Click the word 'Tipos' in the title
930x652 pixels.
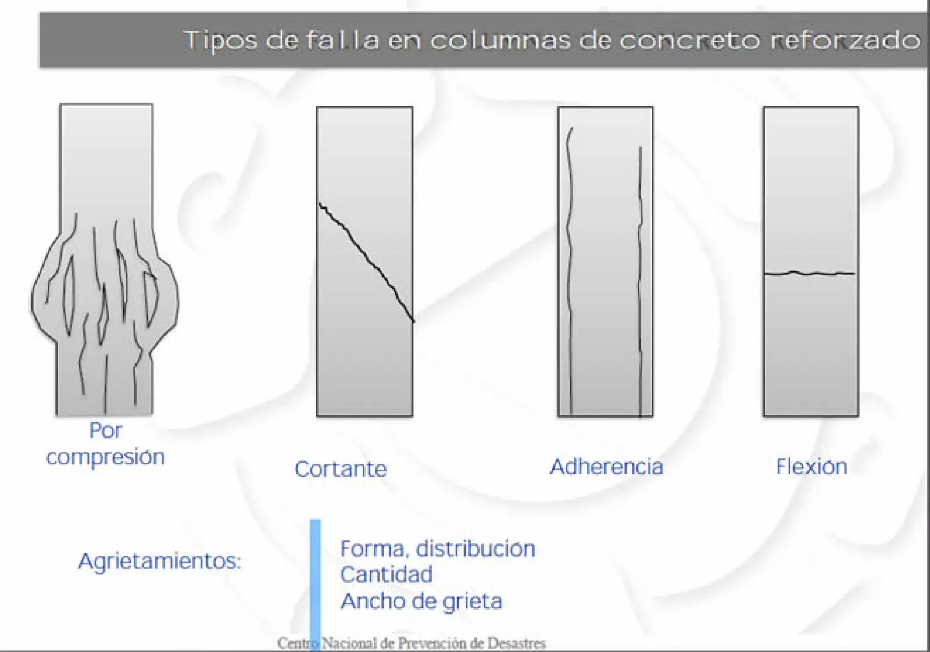pyautogui.click(x=220, y=41)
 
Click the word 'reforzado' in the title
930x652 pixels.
pyautogui.click(x=846, y=41)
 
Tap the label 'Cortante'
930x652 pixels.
pyautogui.click(x=341, y=469)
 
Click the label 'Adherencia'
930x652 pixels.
pyautogui.click(x=606, y=467)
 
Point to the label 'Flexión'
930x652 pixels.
pyautogui.click(x=811, y=467)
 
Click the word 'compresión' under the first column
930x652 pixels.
pyautogui.click(x=106, y=457)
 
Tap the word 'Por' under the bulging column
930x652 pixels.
pyautogui.click(x=105, y=431)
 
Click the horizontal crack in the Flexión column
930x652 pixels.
pyautogui.click(x=809, y=273)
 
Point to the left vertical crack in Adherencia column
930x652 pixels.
pyautogui.click(x=570, y=267)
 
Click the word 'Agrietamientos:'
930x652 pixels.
pyautogui.click(x=160, y=561)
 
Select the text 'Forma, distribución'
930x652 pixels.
pyautogui.click(x=437, y=549)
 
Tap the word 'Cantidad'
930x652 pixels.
pyautogui.click(x=387, y=575)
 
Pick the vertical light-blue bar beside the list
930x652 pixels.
pyautogui.click(x=316, y=581)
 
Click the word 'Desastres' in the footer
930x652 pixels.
pyautogui.click(x=516, y=643)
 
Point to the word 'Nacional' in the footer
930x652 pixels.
pyautogui.click(x=349, y=643)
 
